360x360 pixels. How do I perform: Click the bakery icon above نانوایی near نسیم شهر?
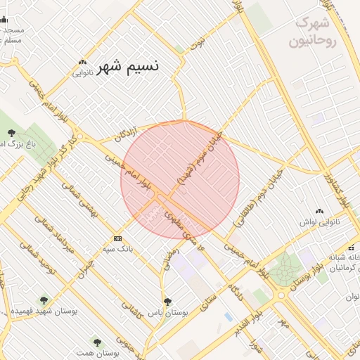tap(83, 62)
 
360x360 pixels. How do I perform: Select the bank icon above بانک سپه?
tap(117, 239)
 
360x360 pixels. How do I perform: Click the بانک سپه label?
tap(117, 249)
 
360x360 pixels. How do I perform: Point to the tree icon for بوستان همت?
tap(97, 342)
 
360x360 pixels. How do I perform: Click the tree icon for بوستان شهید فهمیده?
tap(44, 300)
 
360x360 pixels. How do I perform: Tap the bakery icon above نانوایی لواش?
tap(320, 211)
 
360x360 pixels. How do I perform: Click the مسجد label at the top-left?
tap(13, 30)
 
